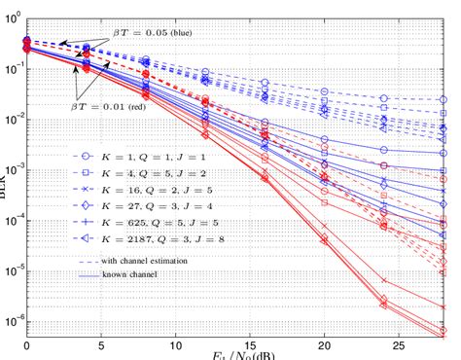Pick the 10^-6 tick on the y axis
pyautogui.click(x=14, y=320)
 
